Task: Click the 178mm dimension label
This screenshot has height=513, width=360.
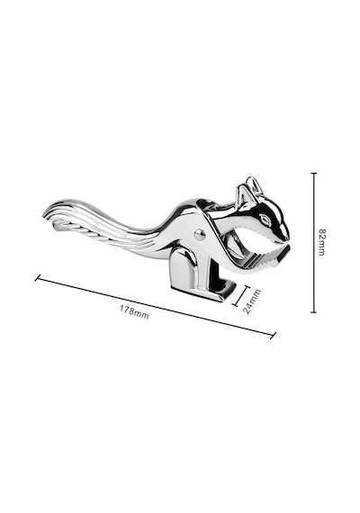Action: [x=134, y=311]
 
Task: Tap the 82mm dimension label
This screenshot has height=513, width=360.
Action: [x=321, y=242]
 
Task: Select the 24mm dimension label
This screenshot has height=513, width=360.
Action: [x=252, y=301]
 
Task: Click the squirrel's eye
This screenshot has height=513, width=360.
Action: [x=265, y=219]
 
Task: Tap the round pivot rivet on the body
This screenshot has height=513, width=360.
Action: [x=199, y=234]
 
